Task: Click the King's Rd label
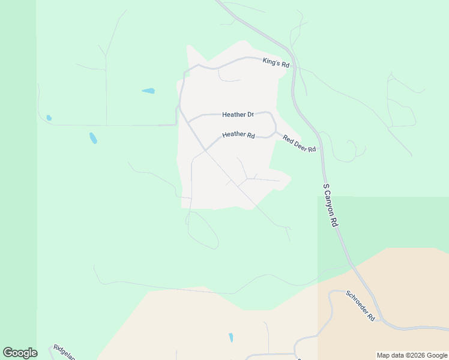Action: (276, 62)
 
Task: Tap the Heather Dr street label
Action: (238, 114)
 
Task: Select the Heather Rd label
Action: (238, 135)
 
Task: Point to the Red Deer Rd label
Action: (300, 143)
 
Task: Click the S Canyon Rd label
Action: (331, 205)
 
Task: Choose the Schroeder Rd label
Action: (360, 306)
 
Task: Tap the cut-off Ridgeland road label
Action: (63, 352)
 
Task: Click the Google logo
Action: (20, 353)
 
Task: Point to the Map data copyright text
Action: (412, 355)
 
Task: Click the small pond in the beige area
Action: (231, 338)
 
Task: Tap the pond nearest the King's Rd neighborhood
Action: (148, 91)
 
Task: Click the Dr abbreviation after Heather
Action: (250, 114)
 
